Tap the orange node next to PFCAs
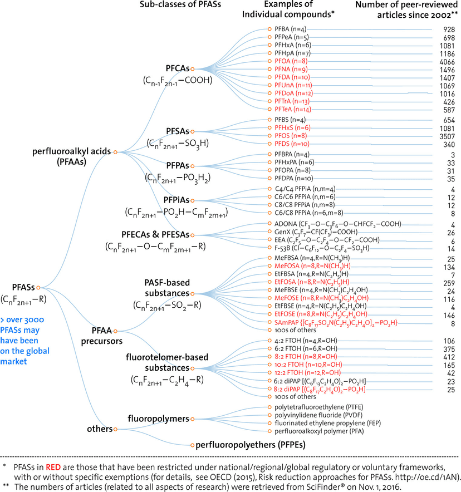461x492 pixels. point(193,68)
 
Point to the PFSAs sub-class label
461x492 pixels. point(177,131)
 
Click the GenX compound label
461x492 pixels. point(316,232)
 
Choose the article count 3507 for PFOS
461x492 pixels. point(447,136)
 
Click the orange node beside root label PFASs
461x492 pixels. point(38,287)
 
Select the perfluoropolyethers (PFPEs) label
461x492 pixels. point(251,445)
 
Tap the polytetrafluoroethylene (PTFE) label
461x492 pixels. point(319,407)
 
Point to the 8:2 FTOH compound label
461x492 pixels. point(306,357)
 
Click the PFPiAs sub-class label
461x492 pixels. point(176,200)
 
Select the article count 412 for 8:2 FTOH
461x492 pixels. point(449,357)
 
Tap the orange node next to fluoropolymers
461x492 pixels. point(193,419)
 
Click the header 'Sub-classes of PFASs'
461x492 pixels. point(180,4)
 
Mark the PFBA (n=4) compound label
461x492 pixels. point(290,29)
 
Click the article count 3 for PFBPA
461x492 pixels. point(453,155)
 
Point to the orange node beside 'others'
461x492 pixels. point(115,429)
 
